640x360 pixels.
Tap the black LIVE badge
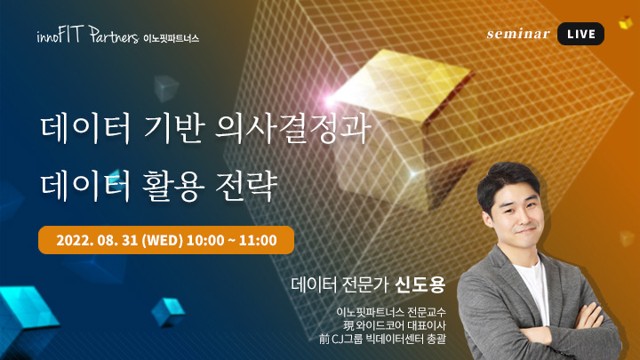(x=581, y=34)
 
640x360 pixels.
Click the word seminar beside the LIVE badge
(x=518, y=34)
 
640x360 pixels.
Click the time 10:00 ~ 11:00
(x=233, y=240)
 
